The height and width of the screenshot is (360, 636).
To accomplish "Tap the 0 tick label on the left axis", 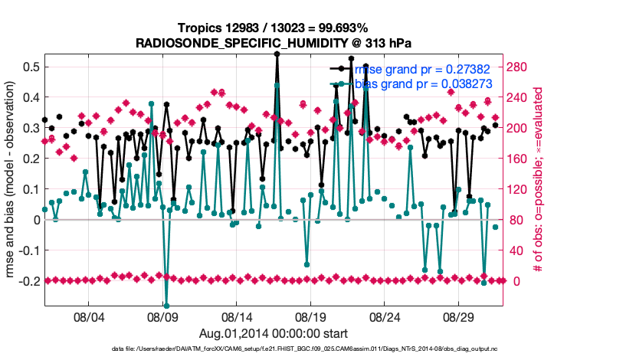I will pyautogui.click(x=35, y=220).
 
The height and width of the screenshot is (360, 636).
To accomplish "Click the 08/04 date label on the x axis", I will pyautogui.click(x=88, y=316).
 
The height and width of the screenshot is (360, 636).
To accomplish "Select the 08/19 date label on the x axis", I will pyautogui.click(x=312, y=316).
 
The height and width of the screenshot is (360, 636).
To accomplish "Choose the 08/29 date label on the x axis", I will pyautogui.click(x=461, y=316).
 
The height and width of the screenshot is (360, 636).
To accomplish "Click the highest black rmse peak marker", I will pyautogui.click(x=277, y=54).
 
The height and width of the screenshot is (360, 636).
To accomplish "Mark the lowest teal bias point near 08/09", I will pyautogui.click(x=166, y=306).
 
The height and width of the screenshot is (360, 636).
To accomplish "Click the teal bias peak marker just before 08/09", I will pyautogui.click(x=152, y=103).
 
